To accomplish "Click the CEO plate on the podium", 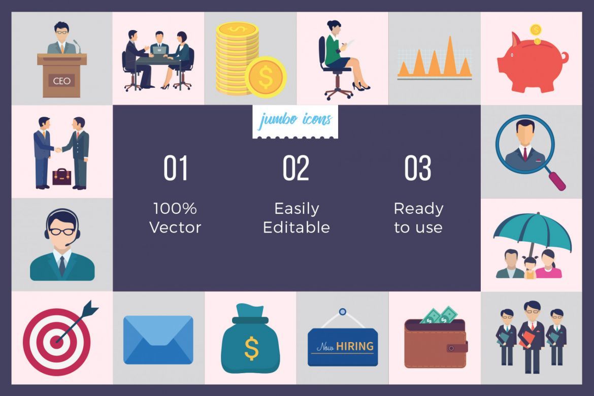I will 61,81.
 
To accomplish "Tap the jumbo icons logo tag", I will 295,121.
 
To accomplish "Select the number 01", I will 176,169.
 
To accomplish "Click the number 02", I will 295,169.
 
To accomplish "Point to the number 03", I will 417,169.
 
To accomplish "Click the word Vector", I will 175,227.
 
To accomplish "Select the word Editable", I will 296,227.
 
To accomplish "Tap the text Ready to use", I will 418,218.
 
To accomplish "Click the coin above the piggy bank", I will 536,29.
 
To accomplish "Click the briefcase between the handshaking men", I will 62,176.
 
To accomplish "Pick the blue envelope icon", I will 158,340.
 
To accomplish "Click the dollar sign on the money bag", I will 251,349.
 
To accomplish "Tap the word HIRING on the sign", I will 355,347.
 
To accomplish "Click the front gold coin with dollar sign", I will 266,77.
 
